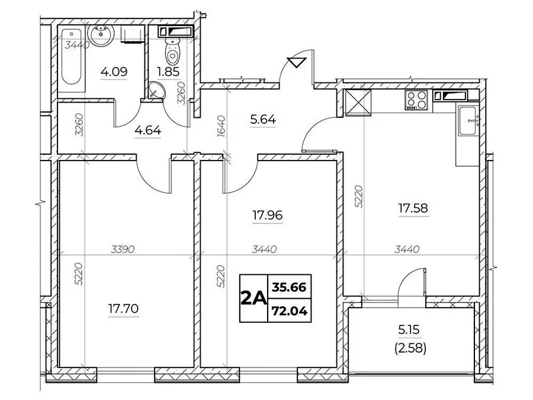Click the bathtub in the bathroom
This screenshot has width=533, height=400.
click(x=72, y=56)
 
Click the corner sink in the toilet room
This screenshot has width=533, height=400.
click(x=156, y=90)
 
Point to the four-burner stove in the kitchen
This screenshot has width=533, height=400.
click(x=416, y=100)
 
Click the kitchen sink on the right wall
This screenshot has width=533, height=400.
click(x=468, y=120)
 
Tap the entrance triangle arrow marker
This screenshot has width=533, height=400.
click(x=297, y=62)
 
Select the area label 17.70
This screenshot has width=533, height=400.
click(x=123, y=309)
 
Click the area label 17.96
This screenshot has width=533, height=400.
click(x=268, y=215)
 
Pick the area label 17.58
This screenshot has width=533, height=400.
click(x=413, y=208)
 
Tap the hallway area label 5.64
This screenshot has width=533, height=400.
click(x=263, y=119)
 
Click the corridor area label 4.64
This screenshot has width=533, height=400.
click(x=148, y=130)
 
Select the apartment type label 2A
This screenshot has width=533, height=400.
click(x=253, y=298)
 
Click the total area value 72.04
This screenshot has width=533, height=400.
click(x=289, y=311)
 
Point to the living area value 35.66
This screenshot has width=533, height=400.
click(x=289, y=287)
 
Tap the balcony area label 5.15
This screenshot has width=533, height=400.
click(x=409, y=329)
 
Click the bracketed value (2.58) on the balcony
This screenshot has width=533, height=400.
click(x=410, y=348)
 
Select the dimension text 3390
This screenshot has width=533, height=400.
click(x=123, y=249)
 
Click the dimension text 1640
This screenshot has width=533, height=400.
click(x=221, y=127)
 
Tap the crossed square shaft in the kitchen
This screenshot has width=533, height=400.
click(x=358, y=103)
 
